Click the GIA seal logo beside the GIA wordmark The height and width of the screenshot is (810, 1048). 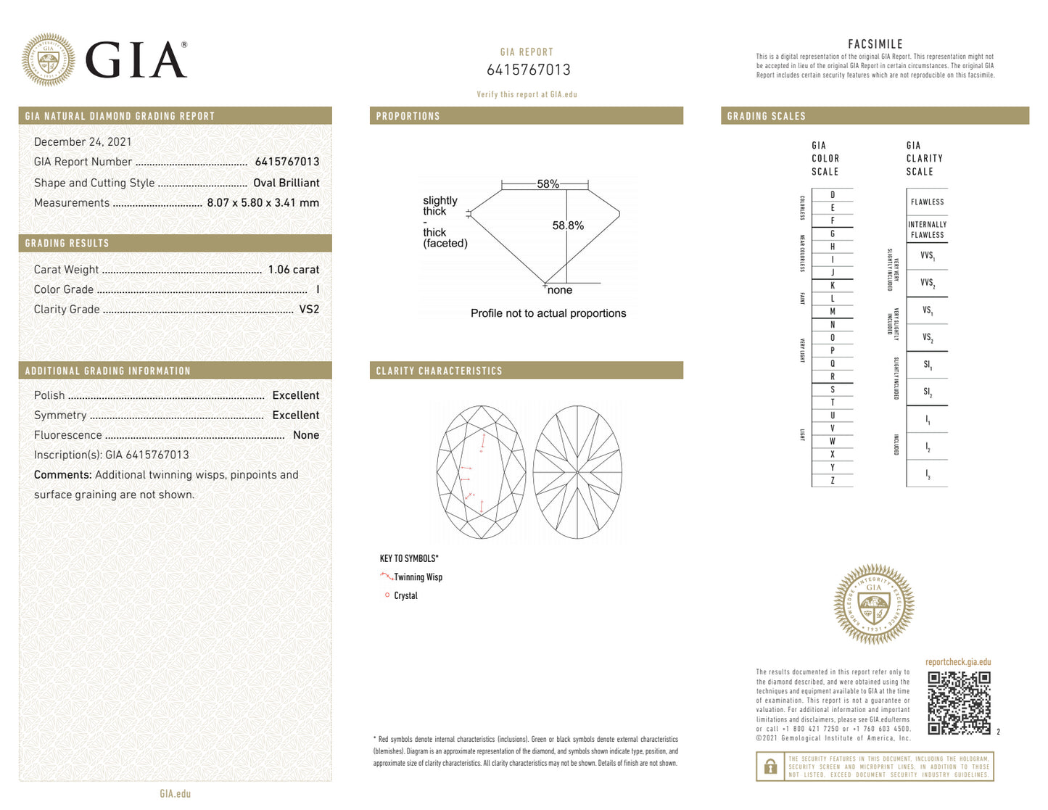pyautogui.click(x=48, y=60)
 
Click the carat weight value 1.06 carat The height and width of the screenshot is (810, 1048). pyautogui.click(x=293, y=270)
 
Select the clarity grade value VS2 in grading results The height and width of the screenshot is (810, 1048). pyautogui.click(x=309, y=310)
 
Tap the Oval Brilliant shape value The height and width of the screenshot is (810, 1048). pyautogui.click(x=286, y=183)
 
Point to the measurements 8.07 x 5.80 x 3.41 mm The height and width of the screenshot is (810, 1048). pyautogui.click(x=263, y=203)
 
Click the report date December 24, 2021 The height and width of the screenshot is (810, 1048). pyautogui.click(x=83, y=142)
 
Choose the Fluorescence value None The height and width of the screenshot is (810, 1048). pyautogui.click(x=305, y=435)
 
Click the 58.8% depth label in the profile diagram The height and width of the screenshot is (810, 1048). pyautogui.click(x=568, y=226)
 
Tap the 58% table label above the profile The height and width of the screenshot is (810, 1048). pyautogui.click(x=548, y=184)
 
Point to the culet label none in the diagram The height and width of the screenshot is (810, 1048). pyautogui.click(x=559, y=290)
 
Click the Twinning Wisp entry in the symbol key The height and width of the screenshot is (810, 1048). pyautogui.click(x=417, y=577)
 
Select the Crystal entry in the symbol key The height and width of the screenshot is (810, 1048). pyautogui.click(x=405, y=596)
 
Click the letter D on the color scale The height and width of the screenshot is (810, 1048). pyautogui.click(x=832, y=195)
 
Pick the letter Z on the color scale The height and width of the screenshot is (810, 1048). pyautogui.click(x=832, y=481)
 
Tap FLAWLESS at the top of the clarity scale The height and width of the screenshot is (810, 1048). pyautogui.click(x=927, y=202)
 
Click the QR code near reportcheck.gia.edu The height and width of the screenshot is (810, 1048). pyautogui.click(x=959, y=703)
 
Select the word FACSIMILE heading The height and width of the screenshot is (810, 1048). pyautogui.click(x=875, y=44)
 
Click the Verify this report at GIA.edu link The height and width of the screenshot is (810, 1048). pyautogui.click(x=527, y=94)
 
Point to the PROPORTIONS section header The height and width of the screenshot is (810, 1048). pyautogui.click(x=408, y=116)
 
